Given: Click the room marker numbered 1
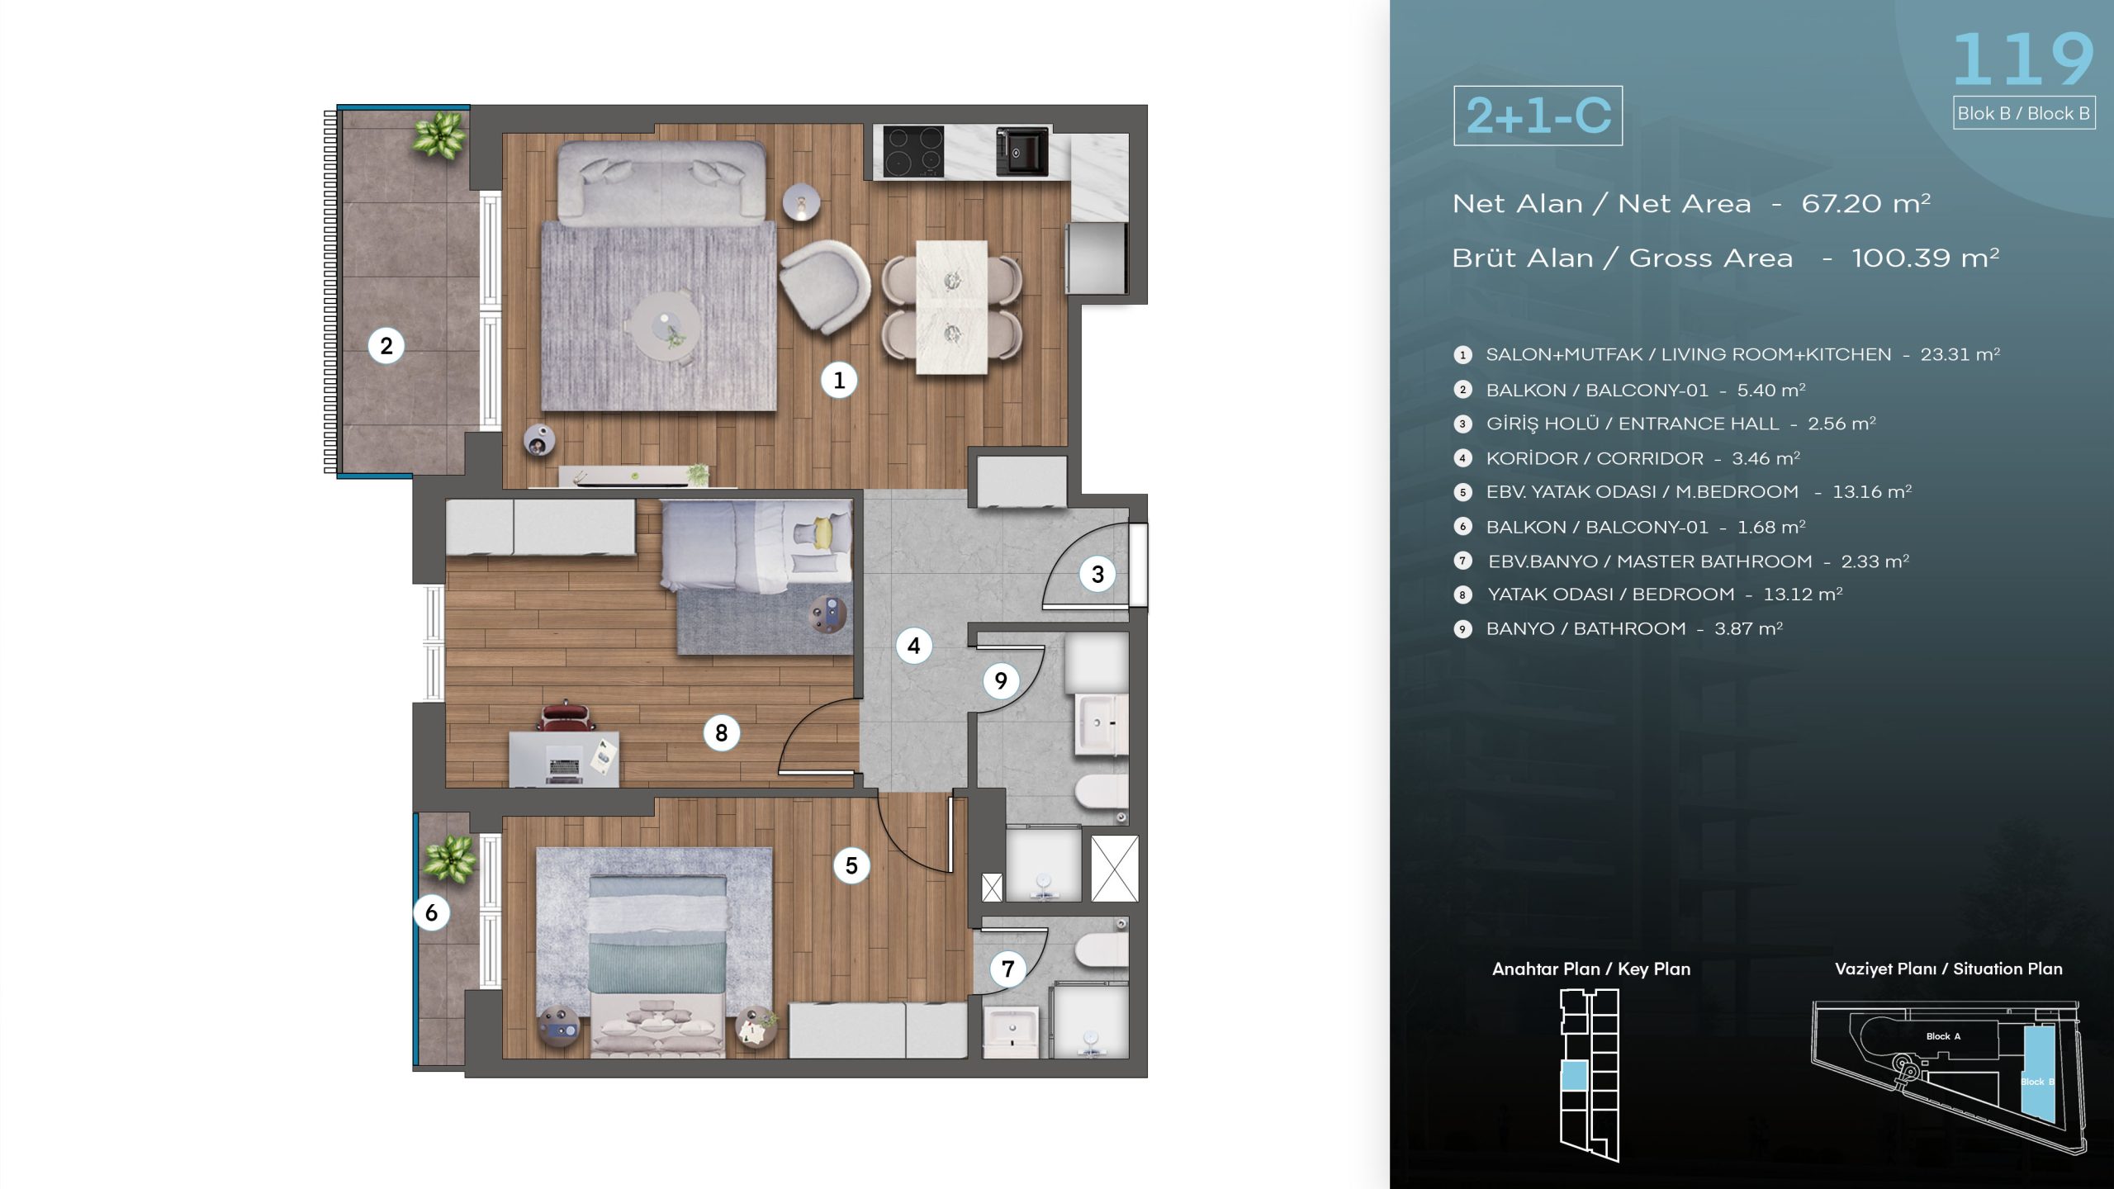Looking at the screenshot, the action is coord(839,380).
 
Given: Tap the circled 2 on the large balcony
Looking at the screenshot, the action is coord(386,345).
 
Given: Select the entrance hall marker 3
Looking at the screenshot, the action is coord(1097,574).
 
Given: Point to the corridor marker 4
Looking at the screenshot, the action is coord(913,645).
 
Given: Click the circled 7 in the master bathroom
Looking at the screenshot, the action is coord(1007,968).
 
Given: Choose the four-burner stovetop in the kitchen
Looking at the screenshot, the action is coord(913,151).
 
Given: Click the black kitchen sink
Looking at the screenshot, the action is coord(1021,151).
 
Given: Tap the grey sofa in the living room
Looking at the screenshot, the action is coord(659,181).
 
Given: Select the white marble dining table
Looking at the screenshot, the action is coord(951,306).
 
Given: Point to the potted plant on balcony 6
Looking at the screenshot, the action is coord(450,855).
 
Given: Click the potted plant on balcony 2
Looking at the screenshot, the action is coord(440,134).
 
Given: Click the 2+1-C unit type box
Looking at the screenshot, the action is coord(1538,116).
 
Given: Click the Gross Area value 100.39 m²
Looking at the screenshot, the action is coord(1925,258).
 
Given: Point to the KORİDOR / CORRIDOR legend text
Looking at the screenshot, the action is coord(1594,458).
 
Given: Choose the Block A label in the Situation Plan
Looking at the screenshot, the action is coord(1943,1036).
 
